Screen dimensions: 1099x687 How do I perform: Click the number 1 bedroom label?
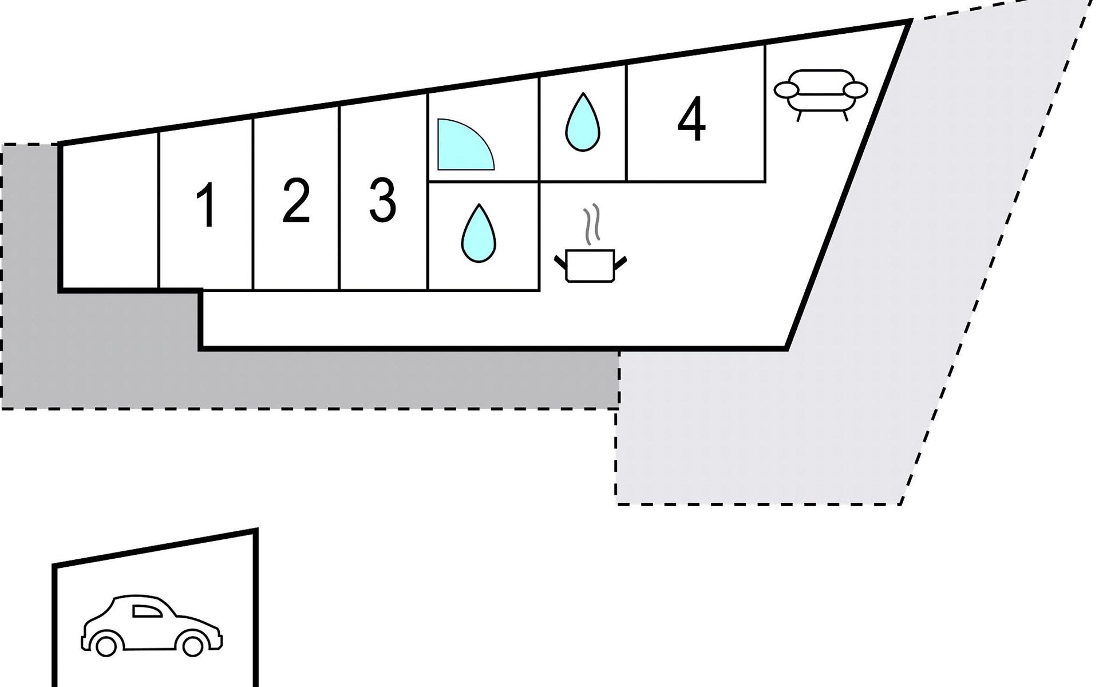(206, 206)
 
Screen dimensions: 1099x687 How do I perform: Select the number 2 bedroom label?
(296, 200)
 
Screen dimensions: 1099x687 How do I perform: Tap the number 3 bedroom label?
(382, 200)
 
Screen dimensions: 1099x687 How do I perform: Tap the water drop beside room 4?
(583, 122)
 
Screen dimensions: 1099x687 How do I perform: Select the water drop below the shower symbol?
(479, 233)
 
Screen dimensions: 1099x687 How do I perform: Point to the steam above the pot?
(591, 222)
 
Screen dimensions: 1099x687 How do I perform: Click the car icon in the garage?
(152, 625)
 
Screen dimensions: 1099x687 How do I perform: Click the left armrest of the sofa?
(786, 90)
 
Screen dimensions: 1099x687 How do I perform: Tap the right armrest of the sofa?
(856, 90)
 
